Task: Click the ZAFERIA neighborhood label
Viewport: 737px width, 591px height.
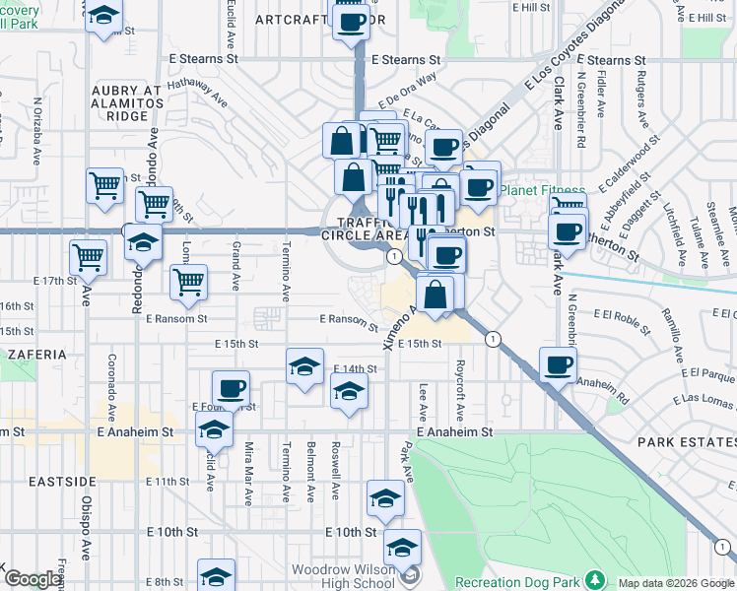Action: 33,353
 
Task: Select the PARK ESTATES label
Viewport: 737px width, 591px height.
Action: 686,442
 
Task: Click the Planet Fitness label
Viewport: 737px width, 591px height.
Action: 542,190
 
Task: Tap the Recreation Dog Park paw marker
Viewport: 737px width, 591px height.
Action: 594,578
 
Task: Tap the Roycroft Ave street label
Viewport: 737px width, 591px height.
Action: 460,385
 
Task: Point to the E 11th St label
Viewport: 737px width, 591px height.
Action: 167,481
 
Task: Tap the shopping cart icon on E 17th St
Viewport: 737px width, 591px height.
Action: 88,258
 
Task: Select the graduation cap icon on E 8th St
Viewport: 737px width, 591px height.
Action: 216,576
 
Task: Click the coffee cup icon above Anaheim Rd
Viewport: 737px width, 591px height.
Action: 559,365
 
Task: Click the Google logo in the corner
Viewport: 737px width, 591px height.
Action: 33,580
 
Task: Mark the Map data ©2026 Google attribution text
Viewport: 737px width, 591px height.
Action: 675,583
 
